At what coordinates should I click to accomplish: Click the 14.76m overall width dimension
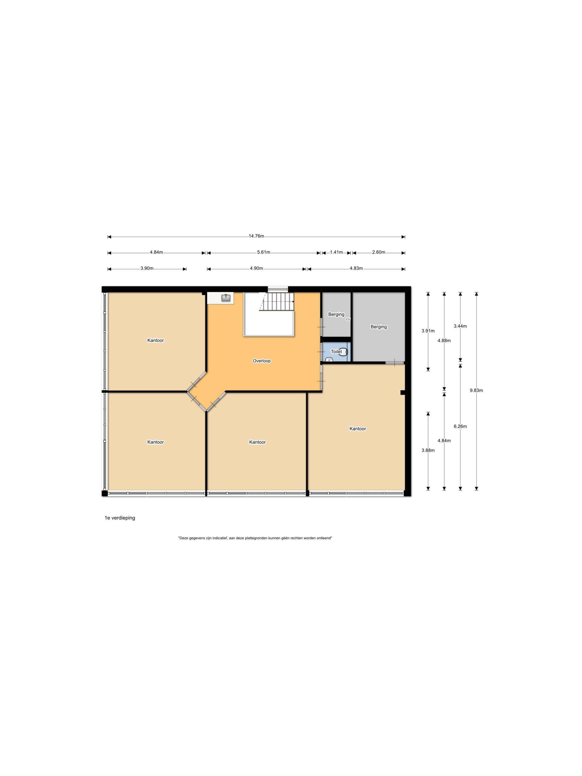coord(256,236)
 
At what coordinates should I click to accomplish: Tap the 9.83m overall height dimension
coord(476,390)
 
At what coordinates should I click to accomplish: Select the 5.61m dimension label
coord(263,252)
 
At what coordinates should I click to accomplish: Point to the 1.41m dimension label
coord(336,252)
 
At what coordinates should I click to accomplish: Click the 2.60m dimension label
coord(379,252)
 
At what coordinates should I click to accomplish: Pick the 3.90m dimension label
coord(147,268)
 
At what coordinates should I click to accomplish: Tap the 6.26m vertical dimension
coord(460,426)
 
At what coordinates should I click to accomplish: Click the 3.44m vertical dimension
coord(460,326)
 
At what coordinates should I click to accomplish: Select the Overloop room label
coord(262,361)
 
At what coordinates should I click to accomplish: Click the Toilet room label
coord(336,351)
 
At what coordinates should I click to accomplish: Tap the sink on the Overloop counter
coord(226,298)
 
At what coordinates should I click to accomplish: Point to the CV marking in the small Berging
coord(348,319)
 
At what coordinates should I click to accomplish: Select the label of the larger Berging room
coord(379,326)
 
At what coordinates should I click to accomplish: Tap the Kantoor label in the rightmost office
coord(357,428)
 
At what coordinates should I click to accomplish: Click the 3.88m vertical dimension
coord(428,450)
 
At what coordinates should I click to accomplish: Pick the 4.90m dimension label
coord(256,268)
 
